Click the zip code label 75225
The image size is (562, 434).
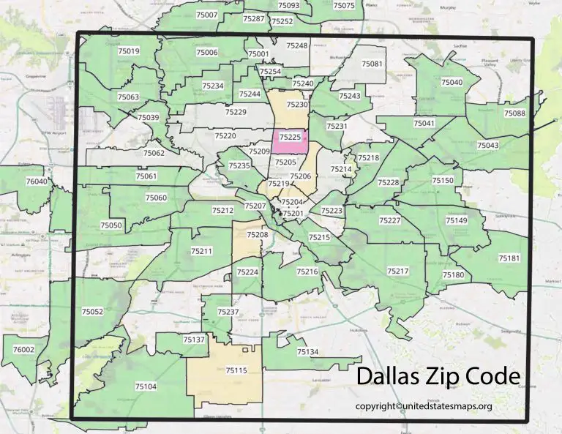click(x=291, y=137)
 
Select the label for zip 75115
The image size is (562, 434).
click(x=236, y=371)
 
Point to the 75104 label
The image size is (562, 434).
click(x=146, y=386)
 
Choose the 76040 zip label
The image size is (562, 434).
click(x=36, y=181)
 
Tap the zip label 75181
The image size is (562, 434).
click(x=509, y=258)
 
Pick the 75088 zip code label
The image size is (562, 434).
click(x=514, y=113)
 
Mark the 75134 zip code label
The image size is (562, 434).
click(x=307, y=352)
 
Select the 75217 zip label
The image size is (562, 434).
click(x=397, y=272)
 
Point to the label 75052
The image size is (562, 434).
click(x=93, y=312)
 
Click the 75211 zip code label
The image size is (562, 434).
click(x=202, y=252)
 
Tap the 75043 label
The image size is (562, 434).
click(x=487, y=146)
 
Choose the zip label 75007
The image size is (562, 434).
click(x=207, y=15)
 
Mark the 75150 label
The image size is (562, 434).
click(x=443, y=180)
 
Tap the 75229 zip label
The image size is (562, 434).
click(x=236, y=112)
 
